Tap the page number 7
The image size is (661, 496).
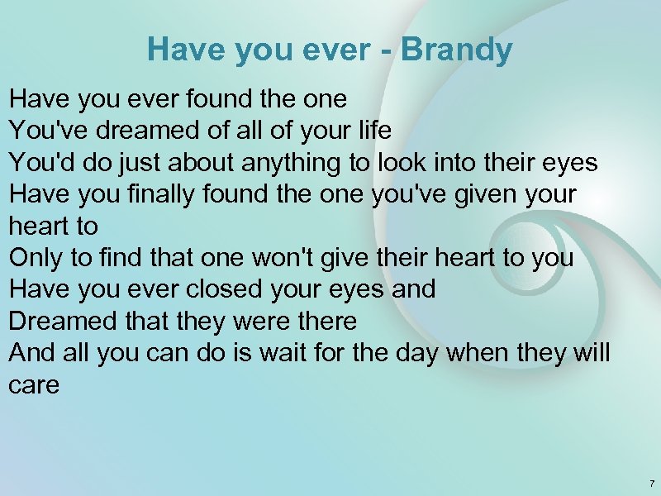pyautogui.click(x=651, y=483)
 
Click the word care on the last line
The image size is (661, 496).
pyautogui.click(x=34, y=384)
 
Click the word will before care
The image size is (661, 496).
pyautogui.click(x=592, y=353)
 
